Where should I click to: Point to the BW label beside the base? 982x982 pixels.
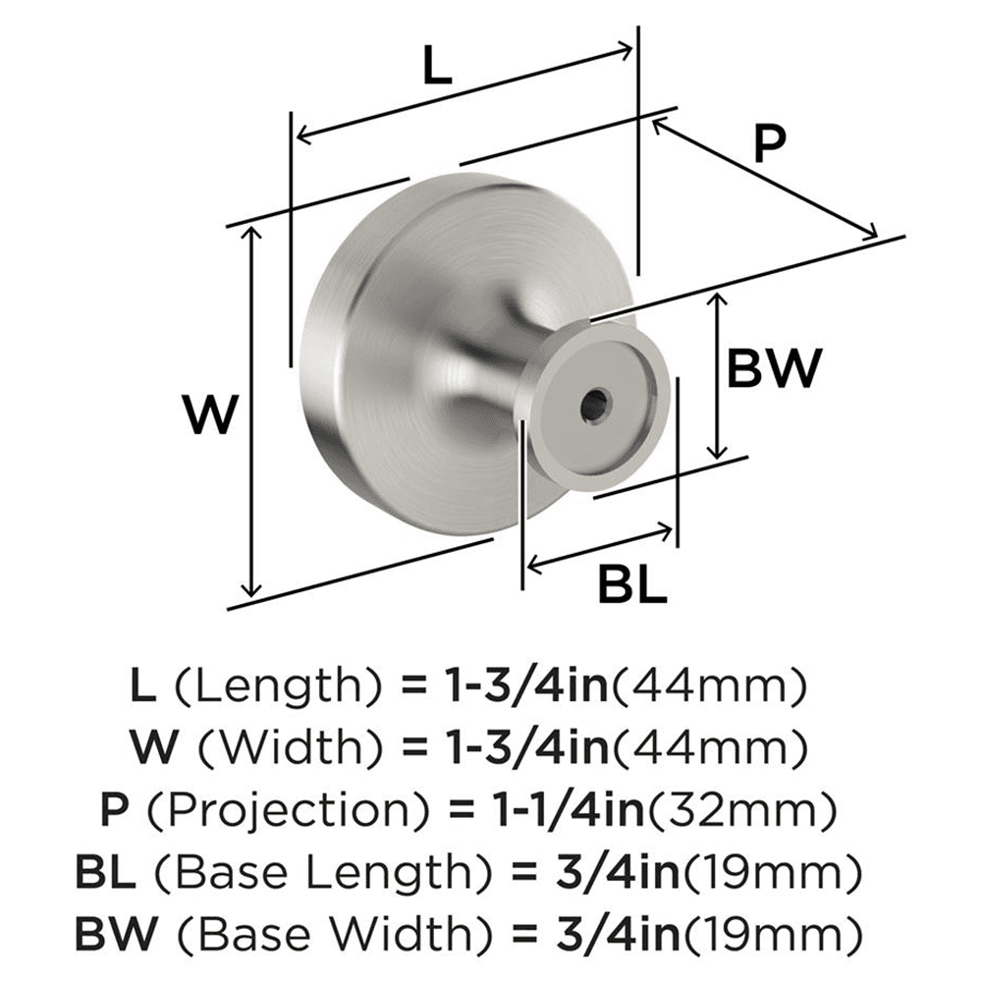click(x=774, y=370)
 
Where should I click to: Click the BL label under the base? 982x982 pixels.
click(x=631, y=586)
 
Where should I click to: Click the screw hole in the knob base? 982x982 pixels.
click(x=594, y=403)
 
